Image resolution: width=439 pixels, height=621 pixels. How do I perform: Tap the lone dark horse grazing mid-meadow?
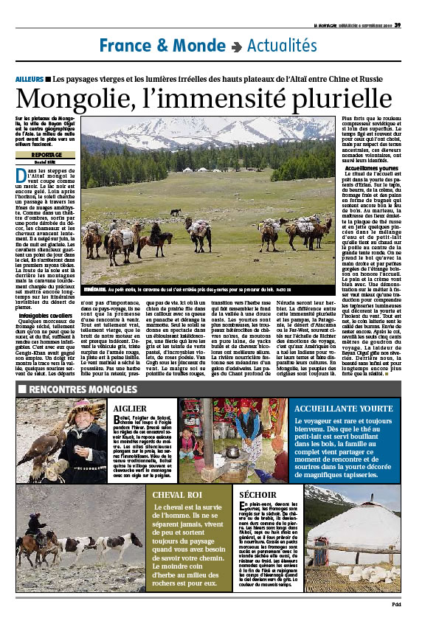(x=176, y=212)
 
